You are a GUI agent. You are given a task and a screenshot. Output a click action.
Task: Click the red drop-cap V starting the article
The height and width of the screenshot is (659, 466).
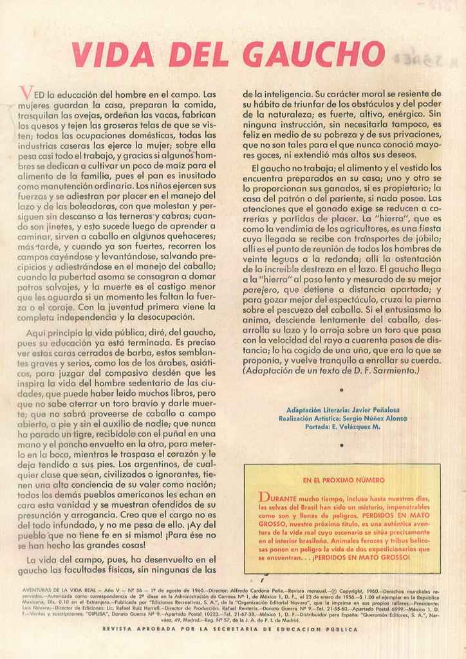coord(24,96)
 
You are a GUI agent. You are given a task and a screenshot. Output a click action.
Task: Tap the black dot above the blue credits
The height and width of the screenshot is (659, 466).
coord(341,390)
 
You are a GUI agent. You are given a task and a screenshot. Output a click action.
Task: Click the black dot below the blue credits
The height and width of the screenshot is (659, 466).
coord(341,445)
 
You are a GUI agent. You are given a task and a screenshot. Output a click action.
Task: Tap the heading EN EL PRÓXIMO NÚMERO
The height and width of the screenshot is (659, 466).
coord(343,479)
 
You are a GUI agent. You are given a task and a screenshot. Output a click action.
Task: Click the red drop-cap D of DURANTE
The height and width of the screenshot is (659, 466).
coord(263,497)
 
